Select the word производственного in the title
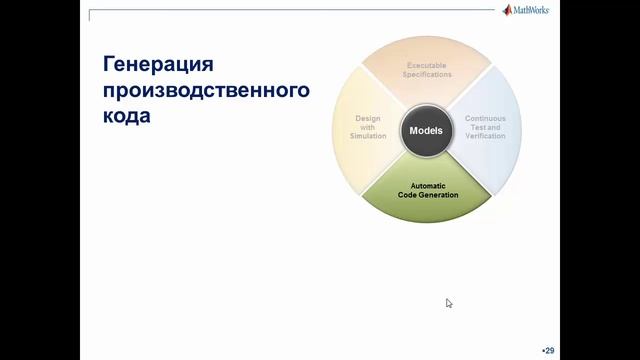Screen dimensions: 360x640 [205, 91]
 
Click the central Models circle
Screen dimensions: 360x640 [426, 130]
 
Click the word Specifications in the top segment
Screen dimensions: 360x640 [428, 74]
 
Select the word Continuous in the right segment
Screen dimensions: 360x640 [485, 118]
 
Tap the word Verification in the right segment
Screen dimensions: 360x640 [485, 135]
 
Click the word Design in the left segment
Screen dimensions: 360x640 [368, 118]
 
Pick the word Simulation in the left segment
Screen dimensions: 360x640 [368, 135]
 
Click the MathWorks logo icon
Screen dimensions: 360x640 [508, 11]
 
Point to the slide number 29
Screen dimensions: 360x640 [549, 350]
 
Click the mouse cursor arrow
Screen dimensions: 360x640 [449, 302]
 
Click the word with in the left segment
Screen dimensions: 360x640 [368, 127]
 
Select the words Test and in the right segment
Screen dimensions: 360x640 [485, 127]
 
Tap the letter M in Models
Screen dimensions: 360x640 [412, 130]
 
